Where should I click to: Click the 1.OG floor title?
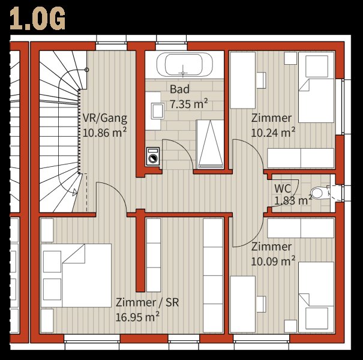tap(37, 18)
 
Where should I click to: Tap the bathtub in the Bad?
tap(184, 64)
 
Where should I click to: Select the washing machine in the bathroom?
tap(153, 156)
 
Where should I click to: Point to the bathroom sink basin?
tap(157, 111)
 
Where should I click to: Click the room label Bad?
tap(179, 89)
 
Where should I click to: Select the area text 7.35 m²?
tap(188, 104)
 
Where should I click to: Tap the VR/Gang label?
tap(105, 118)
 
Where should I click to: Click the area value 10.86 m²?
tap(104, 133)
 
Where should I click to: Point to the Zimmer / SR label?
tap(147, 302)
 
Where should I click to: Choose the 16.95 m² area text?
tap(137, 317)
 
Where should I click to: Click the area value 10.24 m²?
tap(273, 133)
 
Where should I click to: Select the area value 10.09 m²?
tap(273, 262)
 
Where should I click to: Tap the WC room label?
tap(283, 188)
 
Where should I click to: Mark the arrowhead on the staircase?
tap(75, 192)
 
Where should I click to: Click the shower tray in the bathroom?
tap(210, 144)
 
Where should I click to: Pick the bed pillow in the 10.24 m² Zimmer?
tap(317, 66)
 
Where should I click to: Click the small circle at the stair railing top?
tap(87, 70)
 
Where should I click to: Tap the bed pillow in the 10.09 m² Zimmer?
tap(317, 319)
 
